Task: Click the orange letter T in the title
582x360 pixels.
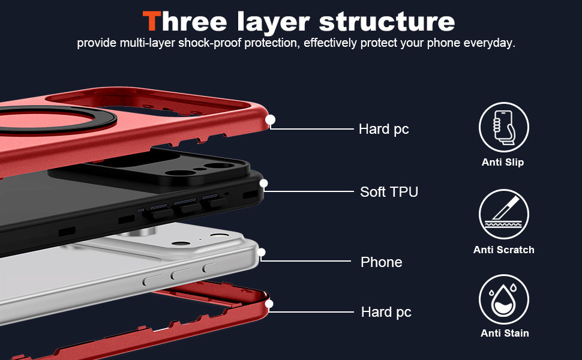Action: tap(151, 22)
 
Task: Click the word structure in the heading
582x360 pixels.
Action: tap(387, 22)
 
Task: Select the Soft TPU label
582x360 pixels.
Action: tap(389, 192)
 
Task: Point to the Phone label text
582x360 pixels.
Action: tap(381, 262)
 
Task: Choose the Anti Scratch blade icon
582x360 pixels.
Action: tap(503, 214)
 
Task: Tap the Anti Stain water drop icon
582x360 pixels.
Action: tap(503, 299)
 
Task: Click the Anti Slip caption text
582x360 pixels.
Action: tap(503, 162)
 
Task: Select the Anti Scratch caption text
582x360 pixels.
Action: tap(503, 250)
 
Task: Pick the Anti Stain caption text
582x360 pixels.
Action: tap(504, 333)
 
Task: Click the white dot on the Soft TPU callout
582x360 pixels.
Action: tap(263, 183)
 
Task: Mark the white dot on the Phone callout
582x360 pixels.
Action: tap(261, 252)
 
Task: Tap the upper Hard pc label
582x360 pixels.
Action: tap(383, 129)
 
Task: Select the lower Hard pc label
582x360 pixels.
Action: tap(386, 312)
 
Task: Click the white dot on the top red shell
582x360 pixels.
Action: tap(270, 120)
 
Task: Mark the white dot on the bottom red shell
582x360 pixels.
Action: tap(269, 304)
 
